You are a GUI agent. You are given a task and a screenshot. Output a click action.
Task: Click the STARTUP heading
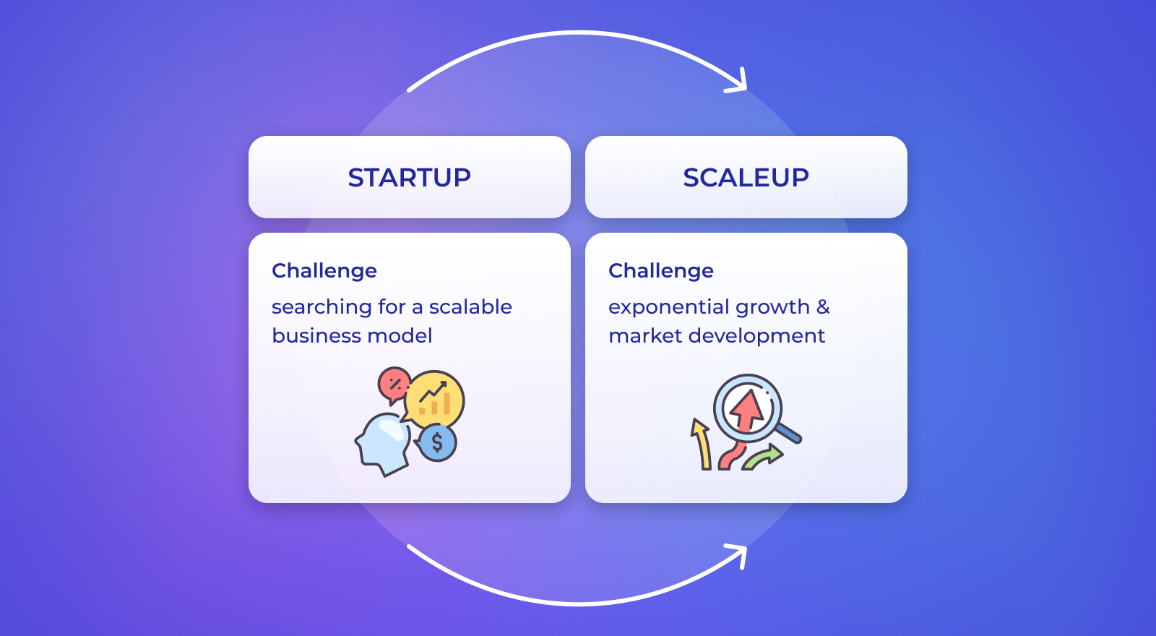pyautogui.click(x=409, y=178)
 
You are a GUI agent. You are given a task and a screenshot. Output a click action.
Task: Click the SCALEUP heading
pyautogui.click(x=746, y=178)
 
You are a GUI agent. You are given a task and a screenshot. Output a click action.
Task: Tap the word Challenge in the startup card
pyautogui.click(x=324, y=271)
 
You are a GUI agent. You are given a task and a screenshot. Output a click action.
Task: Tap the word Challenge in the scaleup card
pyautogui.click(x=660, y=271)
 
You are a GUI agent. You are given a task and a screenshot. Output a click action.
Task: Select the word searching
pyautogui.click(x=321, y=308)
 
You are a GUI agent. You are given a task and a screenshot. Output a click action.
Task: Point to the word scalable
pyautogui.click(x=470, y=306)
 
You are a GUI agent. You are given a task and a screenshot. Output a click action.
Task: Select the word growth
pyautogui.click(x=772, y=308)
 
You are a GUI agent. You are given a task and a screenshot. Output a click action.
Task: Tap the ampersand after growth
pyautogui.click(x=823, y=307)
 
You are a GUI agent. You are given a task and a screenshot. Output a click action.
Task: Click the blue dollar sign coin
pyautogui.click(x=436, y=442)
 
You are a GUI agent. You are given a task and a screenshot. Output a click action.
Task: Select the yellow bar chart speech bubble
pyautogui.click(x=433, y=398)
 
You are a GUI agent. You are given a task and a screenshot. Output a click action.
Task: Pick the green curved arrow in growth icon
pyautogui.click(x=763, y=457)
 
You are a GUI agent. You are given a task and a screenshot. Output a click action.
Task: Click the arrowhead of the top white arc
pyautogui.click(x=738, y=82)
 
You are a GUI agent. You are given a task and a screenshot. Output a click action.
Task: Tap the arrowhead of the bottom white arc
pyautogui.click(x=738, y=555)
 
